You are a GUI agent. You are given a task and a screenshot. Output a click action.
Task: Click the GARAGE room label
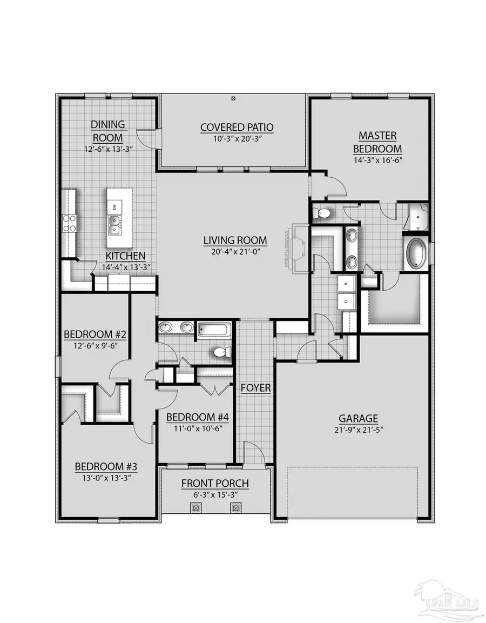pos(358,418)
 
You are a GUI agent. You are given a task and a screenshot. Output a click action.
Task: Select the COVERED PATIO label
pos(237,128)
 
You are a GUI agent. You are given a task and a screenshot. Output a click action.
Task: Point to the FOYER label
pos(256,388)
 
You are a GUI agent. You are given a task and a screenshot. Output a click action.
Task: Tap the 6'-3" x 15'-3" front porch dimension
pos(215,494)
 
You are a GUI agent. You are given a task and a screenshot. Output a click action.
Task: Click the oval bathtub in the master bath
pos(415,251)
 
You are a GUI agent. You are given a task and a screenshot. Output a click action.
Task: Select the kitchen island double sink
pos(114,224)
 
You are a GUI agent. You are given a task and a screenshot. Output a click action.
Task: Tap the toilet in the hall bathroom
pos(222,352)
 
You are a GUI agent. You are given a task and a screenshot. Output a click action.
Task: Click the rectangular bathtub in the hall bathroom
pos(214,329)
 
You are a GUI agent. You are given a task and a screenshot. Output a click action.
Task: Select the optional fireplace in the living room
pos(296,249)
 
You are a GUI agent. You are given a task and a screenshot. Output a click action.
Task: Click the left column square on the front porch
pos(195,508)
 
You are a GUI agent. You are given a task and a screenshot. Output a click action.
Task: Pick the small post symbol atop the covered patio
pos(233,98)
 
